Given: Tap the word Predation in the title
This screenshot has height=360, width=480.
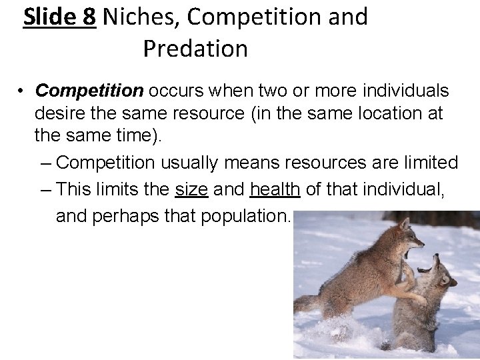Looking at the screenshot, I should (x=195, y=48).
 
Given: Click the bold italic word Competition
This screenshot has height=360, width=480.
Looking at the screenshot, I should (x=91, y=91).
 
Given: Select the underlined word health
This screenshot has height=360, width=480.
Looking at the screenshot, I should (x=276, y=191).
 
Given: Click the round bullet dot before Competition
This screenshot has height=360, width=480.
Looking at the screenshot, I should (x=21, y=91).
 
